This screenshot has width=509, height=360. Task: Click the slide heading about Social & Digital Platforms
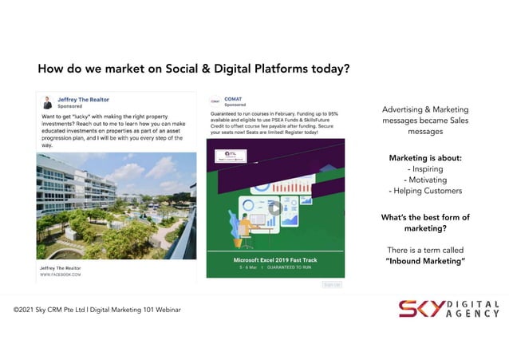click(x=194, y=69)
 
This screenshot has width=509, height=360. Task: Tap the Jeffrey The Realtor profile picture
click(x=47, y=103)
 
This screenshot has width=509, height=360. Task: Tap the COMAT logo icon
click(x=215, y=101)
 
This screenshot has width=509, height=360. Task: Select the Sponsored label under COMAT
click(x=235, y=105)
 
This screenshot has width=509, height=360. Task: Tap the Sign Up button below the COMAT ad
click(x=331, y=283)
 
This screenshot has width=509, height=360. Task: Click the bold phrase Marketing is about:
click(x=425, y=158)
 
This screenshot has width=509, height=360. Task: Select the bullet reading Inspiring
click(x=425, y=168)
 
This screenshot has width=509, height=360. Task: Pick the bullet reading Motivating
click(x=425, y=180)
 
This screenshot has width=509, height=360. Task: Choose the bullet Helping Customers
click(x=425, y=191)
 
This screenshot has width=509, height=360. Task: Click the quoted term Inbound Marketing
click(x=425, y=261)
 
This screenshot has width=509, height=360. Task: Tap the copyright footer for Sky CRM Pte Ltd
click(x=97, y=309)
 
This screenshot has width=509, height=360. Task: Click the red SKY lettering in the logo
click(x=420, y=310)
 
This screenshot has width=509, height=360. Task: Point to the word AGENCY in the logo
click(x=473, y=315)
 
